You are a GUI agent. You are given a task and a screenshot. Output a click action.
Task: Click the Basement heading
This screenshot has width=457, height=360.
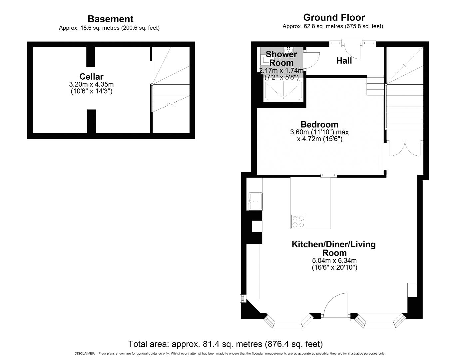tap(111, 19)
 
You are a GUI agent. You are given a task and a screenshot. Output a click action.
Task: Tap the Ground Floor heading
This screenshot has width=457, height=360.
tap(334, 17)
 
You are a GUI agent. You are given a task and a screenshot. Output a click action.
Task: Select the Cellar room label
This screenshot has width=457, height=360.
tap(91, 77)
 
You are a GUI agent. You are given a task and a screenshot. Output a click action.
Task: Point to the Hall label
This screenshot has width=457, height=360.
tap(344, 61)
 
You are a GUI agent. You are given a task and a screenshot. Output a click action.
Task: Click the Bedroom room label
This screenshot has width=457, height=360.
tap(319, 124)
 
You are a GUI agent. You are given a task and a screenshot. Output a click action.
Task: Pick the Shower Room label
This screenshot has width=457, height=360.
tap(281, 58)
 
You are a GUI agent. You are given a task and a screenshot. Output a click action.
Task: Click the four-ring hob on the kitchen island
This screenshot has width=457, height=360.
tap(298, 222)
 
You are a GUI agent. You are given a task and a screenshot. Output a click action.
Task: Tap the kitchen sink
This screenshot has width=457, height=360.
tap(256, 201)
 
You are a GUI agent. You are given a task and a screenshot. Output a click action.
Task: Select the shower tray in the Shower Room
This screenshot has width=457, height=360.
tap(283, 90)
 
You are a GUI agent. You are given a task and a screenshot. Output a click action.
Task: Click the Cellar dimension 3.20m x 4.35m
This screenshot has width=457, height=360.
tap(91, 84)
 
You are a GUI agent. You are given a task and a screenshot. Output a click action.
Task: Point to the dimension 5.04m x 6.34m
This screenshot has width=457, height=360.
tap(334, 261)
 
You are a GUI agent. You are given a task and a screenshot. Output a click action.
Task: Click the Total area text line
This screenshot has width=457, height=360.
tap(225, 344)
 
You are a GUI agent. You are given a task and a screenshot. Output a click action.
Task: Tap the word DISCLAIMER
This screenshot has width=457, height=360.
tap(85, 354)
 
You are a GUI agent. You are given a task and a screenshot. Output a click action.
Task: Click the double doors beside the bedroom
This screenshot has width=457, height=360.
tap(405, 149)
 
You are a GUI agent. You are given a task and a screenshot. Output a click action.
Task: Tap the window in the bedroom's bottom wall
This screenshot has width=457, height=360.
tap(328, 175)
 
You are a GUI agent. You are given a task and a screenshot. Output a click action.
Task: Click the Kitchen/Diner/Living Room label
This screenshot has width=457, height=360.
tap(334, 249)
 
